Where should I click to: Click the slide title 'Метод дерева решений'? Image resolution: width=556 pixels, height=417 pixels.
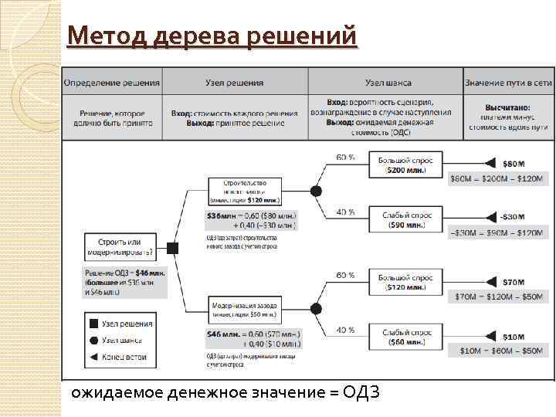tap(212, 36)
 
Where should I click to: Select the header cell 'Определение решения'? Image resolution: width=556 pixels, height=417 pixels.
tap(112, 83)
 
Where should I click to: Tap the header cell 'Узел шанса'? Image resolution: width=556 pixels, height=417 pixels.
tap(388, 83)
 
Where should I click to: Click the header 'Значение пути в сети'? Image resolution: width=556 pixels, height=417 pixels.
tap(508, 83)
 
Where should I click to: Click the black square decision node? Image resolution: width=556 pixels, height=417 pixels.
tap(173, 248)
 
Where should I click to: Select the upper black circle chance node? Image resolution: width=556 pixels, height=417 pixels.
tap(316, 190)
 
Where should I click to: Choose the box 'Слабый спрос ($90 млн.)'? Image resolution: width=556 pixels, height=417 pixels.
tap(405, 219)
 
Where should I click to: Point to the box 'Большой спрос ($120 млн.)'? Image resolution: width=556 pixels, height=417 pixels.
tap(405, 282)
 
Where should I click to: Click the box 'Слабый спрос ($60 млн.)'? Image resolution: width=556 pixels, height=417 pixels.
tap(405, 337)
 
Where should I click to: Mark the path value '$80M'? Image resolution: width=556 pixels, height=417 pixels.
tap(513, 164)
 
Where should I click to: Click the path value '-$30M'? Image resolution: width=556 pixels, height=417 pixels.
tap(511, 217)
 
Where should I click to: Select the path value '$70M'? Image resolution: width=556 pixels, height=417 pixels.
tap(513, 282)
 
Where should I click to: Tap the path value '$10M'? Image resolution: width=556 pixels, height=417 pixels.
tap(513, 337)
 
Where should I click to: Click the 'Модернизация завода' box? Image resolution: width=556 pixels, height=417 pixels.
tap(244, 309)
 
